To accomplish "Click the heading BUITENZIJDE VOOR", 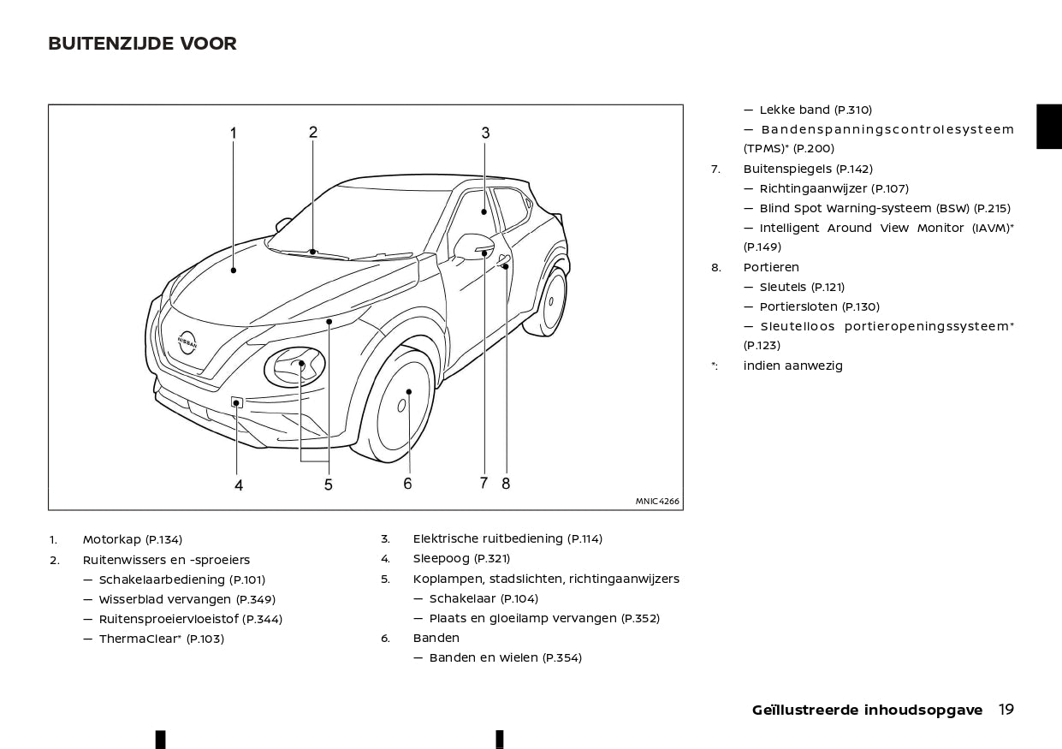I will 142,44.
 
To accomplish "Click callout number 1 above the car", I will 233,133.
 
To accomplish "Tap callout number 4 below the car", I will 239,485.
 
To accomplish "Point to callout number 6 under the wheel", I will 407,484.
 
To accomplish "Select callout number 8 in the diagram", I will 506,483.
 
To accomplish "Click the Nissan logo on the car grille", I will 187,342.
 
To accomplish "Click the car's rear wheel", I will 554,300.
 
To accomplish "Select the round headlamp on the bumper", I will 294,367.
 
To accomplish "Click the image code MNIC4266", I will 657,502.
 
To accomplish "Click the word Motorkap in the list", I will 111,539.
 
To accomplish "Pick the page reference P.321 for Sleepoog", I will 492,559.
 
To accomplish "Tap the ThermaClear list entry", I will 161,639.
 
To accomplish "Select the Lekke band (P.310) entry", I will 816,110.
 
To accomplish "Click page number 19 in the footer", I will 1006,710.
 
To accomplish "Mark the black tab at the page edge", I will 1049,127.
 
